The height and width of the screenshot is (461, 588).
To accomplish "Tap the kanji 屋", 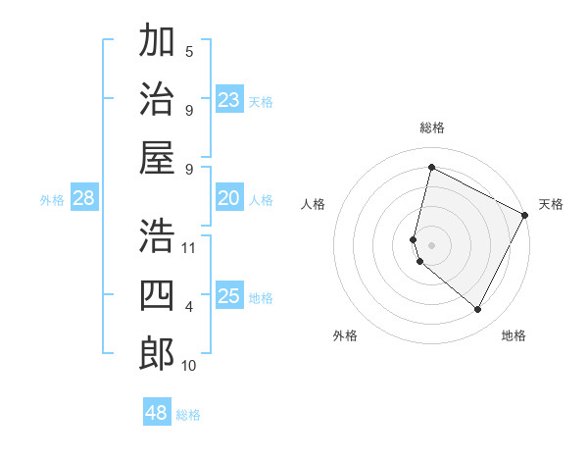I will click(x=157, y=157).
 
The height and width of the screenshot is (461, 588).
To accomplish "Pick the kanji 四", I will click(x=157, y=294).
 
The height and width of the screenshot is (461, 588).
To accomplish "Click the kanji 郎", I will click(x=157, y=353).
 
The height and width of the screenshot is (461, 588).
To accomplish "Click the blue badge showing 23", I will click(x=228, y=100).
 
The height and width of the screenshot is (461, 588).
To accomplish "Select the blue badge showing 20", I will click(x=228, y=199).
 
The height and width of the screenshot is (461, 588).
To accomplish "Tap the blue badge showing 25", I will click(x=228, y=297).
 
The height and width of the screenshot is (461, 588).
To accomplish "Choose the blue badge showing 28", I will click(x=83, y=199).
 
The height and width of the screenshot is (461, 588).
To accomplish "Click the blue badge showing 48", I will click(x=157, y=413).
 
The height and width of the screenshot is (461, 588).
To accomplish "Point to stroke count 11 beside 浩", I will click(x=189, y=248).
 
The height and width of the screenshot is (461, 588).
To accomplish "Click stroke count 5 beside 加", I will click(x=189, y=51).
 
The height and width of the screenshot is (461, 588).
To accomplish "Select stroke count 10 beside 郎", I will click(x=189, y=366).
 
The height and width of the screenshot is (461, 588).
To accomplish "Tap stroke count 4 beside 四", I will click(x=189, y=307).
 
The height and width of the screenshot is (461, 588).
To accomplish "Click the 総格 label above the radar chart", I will click(x=431, y=128).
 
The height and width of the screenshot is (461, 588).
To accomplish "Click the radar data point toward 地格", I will click(x=478, y=310).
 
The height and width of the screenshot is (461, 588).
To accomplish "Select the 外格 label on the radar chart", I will click(x=345, y=336).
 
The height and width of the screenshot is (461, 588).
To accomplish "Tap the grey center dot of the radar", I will click(x=431, y=244).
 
